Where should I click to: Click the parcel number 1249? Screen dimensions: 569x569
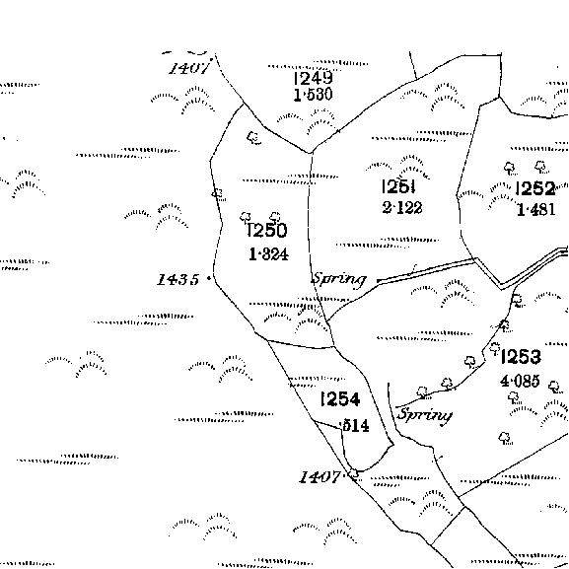click(x=313, y=78)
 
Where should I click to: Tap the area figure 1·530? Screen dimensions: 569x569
click(x=313, y=95)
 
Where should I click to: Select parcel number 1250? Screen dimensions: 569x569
click(x=267, y=230)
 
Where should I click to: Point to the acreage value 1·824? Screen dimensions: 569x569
click(x=268, y=254)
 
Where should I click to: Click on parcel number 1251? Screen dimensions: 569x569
click(x=398, y=186)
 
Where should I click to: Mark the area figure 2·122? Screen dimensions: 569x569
click(x=402, y=207)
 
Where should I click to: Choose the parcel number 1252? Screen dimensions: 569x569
click(x=535, y=188)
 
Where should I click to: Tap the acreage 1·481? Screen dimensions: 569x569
click(x=536, y=210)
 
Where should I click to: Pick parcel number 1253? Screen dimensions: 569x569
click(x=521, y=357)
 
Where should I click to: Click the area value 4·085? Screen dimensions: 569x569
click(x=520, y=381)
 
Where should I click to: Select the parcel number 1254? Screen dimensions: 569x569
click(x=340, y=399)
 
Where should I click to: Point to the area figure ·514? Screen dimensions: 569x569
click(x=354, y=425)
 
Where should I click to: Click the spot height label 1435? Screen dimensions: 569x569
click(x=178, y=279)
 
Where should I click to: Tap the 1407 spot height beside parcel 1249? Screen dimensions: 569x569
click(x=189, y=68)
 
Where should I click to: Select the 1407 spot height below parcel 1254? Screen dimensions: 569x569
click(x=320, y=477)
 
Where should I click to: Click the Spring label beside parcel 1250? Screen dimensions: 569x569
click(x=339, y=279)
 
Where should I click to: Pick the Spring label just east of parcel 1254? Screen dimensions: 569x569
click(x=425, y=415)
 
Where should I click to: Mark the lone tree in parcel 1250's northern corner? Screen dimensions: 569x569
click(x=253, y=138)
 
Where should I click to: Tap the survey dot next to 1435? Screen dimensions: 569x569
click(x=209, y=278)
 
